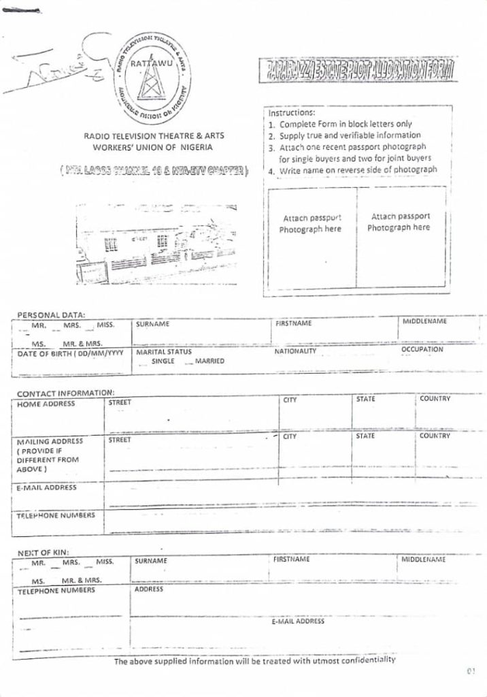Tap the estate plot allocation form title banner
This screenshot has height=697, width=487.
coord(358,69)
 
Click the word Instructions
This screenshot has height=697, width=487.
coord(291,113)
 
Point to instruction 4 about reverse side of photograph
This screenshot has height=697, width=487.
coord(356,170)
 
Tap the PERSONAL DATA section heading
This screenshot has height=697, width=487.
coord(51,314)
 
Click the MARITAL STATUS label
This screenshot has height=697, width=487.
coord(164,353)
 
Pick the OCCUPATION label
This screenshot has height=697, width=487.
coord(422,349)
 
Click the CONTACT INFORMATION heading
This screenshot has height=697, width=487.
coord(65,393)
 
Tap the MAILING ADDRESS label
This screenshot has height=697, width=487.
coord(49,441)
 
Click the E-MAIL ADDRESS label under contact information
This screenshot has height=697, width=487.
coord(46,487)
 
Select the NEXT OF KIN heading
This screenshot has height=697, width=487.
coord(43,552)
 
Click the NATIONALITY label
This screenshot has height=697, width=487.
coord(295,351)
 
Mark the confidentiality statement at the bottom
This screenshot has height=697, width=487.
coord(254,660)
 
